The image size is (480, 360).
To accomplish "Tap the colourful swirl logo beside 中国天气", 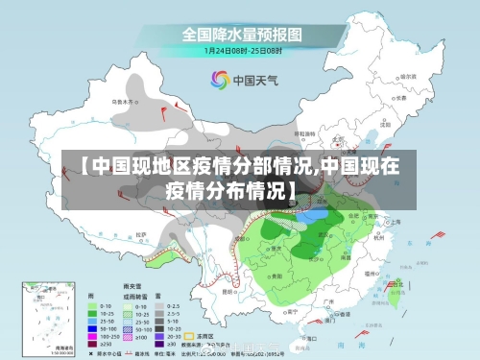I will pyautogui.click(x=219, y=80).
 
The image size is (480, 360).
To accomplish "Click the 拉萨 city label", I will pyautogui.click(x=141, y=233).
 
